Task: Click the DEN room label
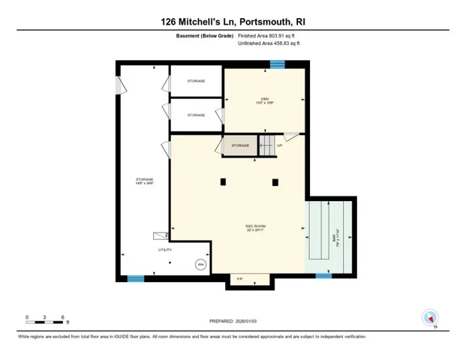[264, 100]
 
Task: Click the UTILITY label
[164, 249]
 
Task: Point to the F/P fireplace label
[240, 279]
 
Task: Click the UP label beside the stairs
[279, 145]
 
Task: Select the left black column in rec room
[223, 181]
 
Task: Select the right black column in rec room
[275, 181]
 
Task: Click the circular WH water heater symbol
[200, 264]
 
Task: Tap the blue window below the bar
[323, 276]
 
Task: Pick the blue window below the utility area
[136, 278]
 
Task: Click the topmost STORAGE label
[196, 80]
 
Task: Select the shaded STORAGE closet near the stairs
[239, 145]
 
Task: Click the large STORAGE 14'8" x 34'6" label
[144, 181]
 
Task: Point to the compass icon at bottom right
[431, 319]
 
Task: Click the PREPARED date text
[233, 322]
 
